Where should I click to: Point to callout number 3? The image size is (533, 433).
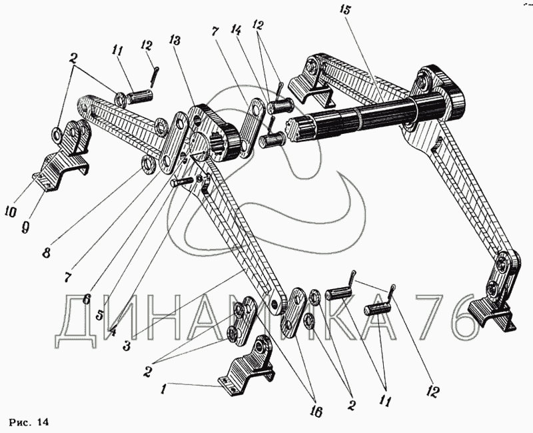(x=126, y=346)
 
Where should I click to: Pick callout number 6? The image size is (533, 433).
(x=86, y=298)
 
